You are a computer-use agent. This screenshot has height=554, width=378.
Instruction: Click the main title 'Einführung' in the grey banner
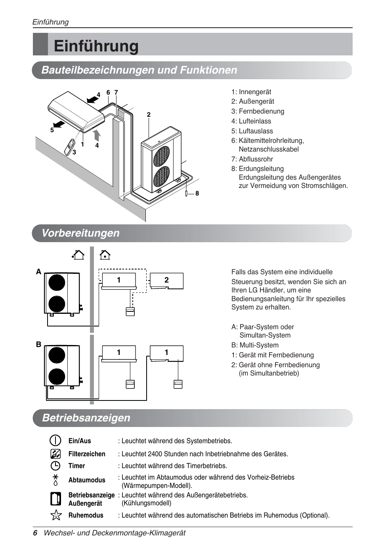(96, 46)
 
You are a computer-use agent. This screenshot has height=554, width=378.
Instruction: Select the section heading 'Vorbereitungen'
(80, 233)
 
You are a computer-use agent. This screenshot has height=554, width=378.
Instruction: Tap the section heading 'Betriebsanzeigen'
(86, 418)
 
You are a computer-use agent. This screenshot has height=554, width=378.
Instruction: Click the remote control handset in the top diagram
(70, 147)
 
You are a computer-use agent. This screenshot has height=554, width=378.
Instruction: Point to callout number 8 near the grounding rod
(197, 194)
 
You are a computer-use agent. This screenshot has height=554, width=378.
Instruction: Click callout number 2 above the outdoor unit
(149, 115)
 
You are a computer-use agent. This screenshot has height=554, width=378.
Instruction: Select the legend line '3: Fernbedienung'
(258, 111)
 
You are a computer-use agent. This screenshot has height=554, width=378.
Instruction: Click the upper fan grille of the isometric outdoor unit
(161, 156)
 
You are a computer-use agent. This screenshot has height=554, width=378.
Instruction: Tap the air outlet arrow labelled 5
(59, 125)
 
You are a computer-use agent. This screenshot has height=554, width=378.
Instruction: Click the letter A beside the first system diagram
(38, 272)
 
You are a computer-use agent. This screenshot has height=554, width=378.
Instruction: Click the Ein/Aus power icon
(55, 440)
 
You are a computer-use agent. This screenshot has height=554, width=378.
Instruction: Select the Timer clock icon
(55, 466)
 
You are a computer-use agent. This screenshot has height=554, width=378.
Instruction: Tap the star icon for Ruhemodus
(56, 515)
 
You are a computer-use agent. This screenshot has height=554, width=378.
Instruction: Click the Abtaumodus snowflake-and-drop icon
(55, 480)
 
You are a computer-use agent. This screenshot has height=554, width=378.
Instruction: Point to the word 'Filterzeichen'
(87, 454)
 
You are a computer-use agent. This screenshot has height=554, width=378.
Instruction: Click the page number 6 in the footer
(35, 533)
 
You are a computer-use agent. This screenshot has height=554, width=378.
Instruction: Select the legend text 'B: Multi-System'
(255, 345)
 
